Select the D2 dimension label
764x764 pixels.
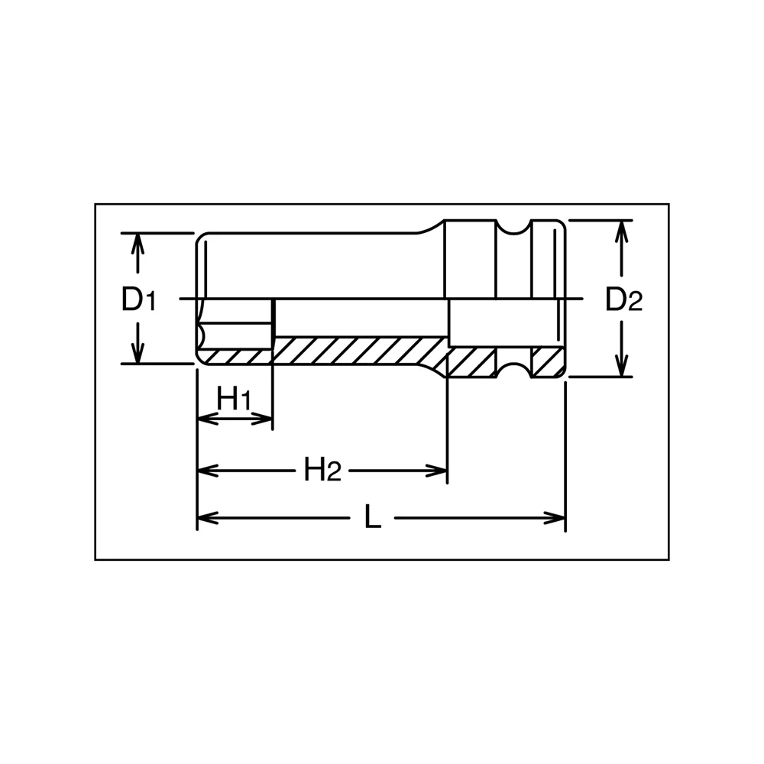pos(624,299)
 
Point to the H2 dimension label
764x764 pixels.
pos(322,469)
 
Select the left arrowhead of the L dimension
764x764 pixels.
pos(207,517)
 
